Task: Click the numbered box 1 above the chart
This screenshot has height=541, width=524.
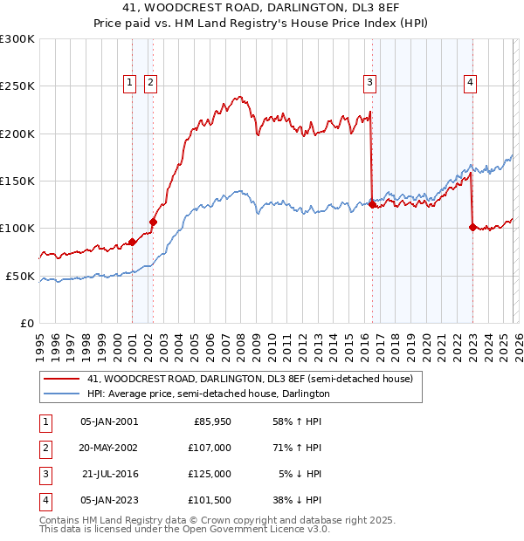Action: click(129, 83)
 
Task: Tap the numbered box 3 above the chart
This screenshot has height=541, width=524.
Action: click(370, 83)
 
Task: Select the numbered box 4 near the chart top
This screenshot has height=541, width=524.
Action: click(470, 83)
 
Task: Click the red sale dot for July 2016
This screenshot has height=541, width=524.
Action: click(373, 205)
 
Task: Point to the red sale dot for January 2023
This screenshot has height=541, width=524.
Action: click(472, 227)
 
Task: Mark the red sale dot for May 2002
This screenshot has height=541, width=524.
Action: click(153, 222)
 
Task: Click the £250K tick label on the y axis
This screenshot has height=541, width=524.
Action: click(17, 86)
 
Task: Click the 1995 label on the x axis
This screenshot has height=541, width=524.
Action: click(39, 340)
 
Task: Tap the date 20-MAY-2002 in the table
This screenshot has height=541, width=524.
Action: click(108, 448)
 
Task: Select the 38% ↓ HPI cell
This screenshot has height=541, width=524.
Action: click(297, 500)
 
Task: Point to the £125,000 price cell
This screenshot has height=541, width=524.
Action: click(210, 474)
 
